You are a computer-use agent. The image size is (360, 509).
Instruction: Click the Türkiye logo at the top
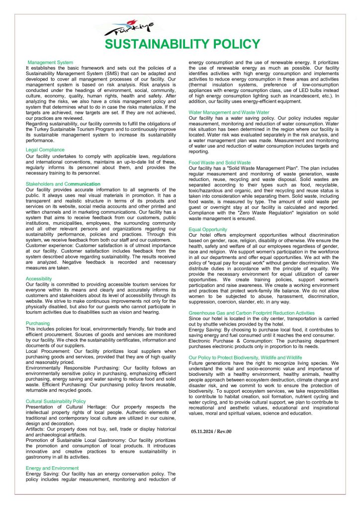click(x=130, y=28)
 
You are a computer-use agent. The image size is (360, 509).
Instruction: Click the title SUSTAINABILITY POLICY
click(x=182, y=45)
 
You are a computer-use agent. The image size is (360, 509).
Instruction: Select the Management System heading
click(x=50, y=63)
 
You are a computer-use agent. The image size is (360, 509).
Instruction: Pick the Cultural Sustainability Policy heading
click(x=56, y=401)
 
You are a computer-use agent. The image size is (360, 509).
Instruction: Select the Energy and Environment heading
click(x=52, y=468)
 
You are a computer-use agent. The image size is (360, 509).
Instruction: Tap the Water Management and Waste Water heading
click(x=229, y=112)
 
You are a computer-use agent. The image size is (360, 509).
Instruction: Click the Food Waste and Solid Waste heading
click(x=219, y=163)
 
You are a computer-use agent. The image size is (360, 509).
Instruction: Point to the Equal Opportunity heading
click(x=208, y=229)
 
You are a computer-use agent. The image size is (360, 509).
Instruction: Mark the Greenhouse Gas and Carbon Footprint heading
click(x=252, y=313)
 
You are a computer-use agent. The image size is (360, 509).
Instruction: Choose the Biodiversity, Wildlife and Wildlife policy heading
click(x=245, y=357)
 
